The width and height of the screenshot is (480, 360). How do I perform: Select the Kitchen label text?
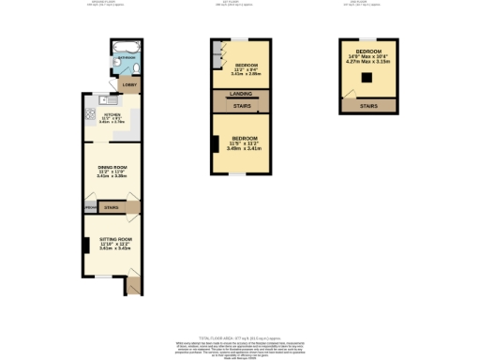point(112,118)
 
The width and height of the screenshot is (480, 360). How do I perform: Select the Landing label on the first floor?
point(240,95)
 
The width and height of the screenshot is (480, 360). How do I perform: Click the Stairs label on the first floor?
point(240,106)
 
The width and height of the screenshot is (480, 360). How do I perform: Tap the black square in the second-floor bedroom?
point(368,78)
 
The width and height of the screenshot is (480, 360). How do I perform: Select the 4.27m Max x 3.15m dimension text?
point(368,60)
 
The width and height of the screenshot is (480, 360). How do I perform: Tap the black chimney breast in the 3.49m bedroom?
point(215,144)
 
